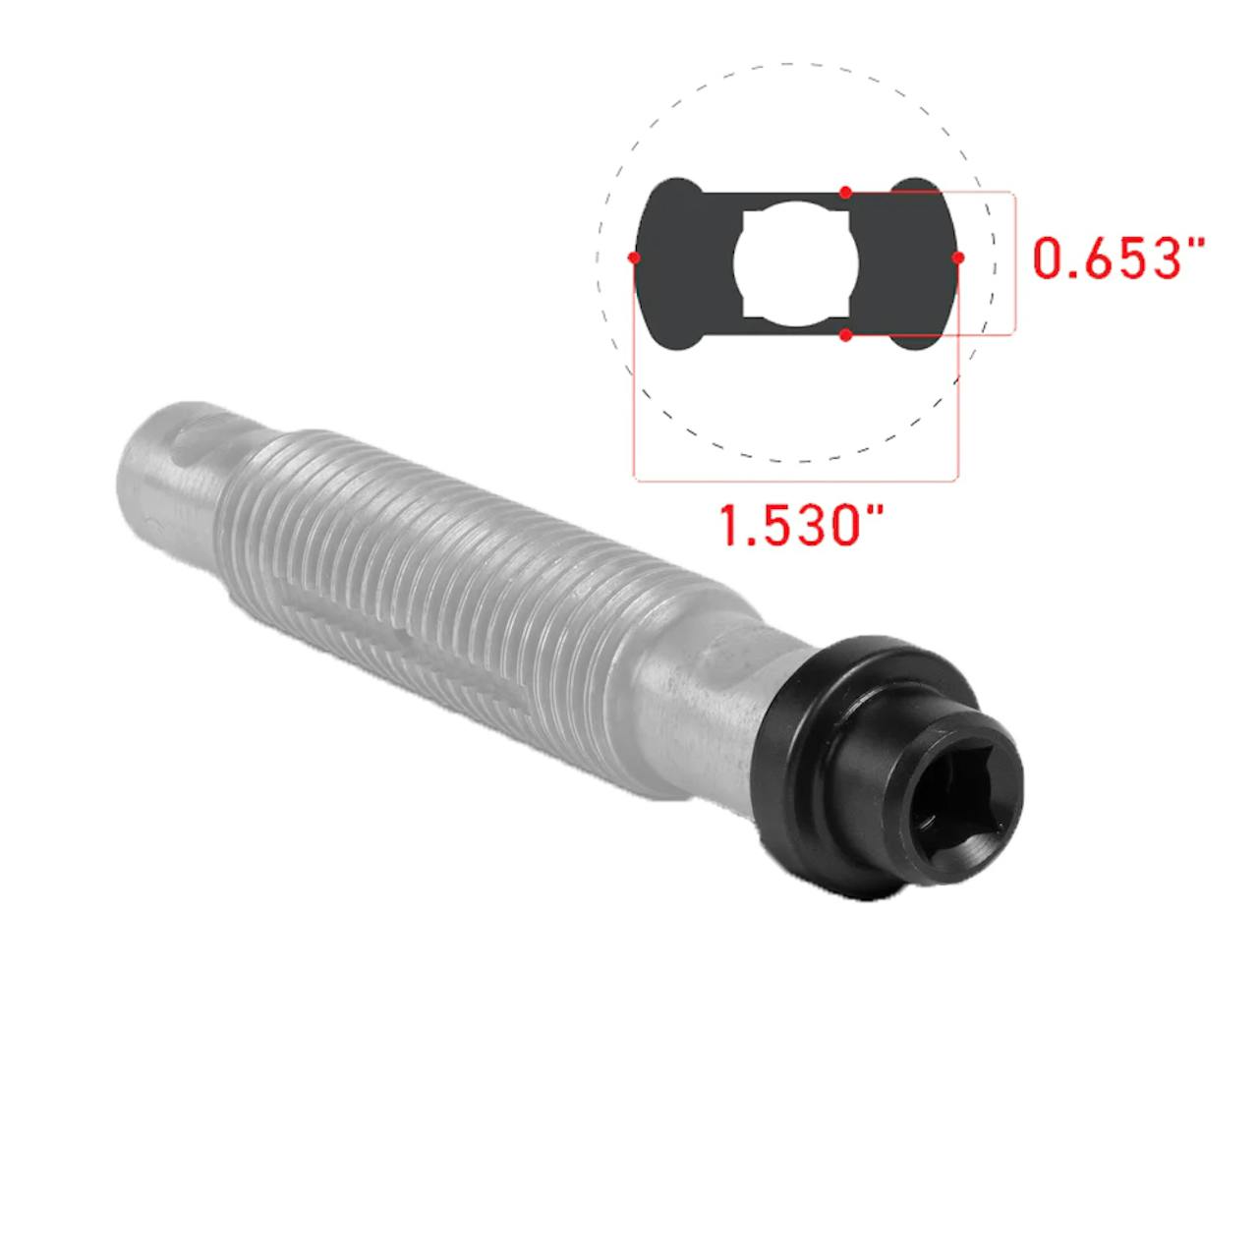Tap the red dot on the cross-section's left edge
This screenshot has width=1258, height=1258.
coord(633,257)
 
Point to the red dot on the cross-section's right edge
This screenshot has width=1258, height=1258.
coord(957,257)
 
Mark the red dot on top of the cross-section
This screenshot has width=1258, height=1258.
coord(845,192)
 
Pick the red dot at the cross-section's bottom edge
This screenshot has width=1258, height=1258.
coord(845,335)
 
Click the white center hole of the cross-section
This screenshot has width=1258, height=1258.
coord(795,263)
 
